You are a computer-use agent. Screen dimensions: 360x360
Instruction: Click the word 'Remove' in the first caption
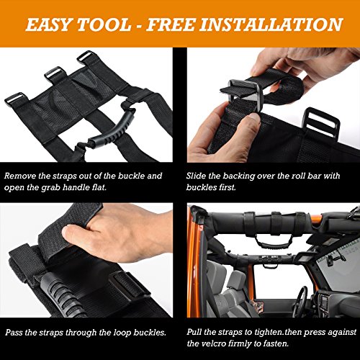[x=22, y=176]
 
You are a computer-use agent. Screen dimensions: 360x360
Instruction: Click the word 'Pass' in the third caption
[x=16, y=333]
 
